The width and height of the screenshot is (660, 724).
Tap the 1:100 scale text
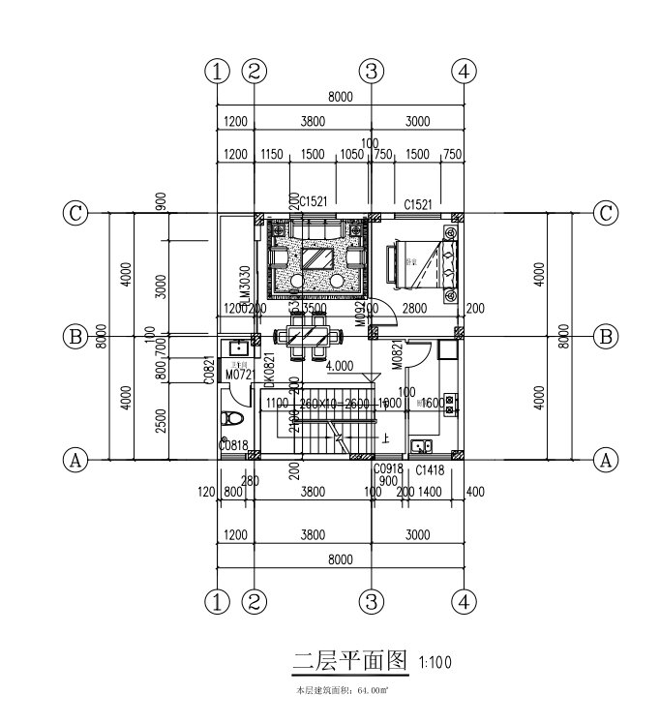tap(435, 663)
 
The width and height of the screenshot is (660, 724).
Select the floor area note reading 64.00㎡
tap(342, 691)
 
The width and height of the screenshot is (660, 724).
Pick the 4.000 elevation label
tap(340, 367)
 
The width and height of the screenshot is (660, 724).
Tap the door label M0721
tap(238, 374)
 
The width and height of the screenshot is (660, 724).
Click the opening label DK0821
tap(270, 369)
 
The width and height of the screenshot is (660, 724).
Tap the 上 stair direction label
tap(386, 437)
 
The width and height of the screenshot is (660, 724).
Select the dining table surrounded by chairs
tap(310, 337)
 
